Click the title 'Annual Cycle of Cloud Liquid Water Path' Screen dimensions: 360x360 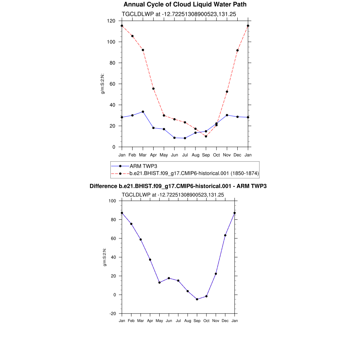pos(185,5)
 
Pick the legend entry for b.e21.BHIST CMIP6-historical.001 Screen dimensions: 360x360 pos(194,173)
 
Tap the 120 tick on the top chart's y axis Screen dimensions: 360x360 pos(112,21)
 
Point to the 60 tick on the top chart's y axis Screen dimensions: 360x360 pos(113,84)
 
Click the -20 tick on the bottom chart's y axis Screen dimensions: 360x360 pos(112,314)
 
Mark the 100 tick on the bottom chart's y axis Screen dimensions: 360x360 pos(112,201)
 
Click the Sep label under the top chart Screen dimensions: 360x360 pos(206,155)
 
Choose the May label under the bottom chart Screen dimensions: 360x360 pos(159,321)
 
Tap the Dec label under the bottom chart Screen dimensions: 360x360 pos(225,321)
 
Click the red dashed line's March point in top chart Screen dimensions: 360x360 pos(143,50)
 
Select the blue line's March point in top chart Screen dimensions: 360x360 pos(143,112)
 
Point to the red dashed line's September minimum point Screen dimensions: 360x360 pos(206,136)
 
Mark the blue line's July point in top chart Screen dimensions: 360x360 pos(185,138)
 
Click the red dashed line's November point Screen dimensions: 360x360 pos(227,92)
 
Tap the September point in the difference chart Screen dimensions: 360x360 pos(197,299)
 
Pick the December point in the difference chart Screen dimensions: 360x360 pos(225,235)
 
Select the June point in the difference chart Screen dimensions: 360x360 pos(169,278)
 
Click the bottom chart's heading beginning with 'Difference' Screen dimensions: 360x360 pos(178,186)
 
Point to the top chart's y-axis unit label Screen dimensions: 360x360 pos(103,84)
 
